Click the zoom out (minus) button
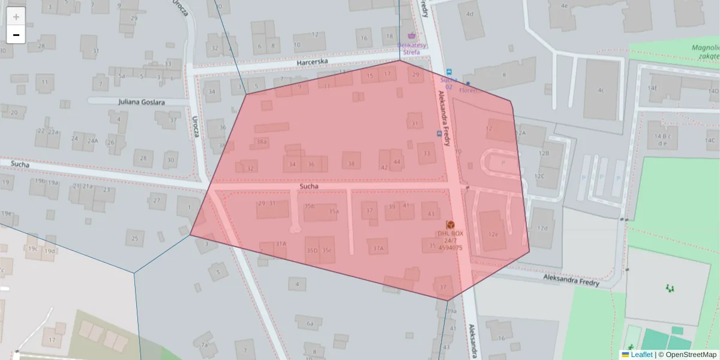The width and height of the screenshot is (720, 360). point(16,35)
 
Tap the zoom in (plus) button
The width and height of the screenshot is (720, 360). point(16,16)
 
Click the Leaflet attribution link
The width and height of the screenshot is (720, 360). point(641,355)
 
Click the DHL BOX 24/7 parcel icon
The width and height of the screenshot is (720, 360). point(450,224)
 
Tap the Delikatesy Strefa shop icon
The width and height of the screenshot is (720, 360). point(411,36)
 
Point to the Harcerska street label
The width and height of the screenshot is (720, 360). point(316,62)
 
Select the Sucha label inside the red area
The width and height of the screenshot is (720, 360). point(309,187)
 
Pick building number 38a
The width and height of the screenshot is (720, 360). point(262,142)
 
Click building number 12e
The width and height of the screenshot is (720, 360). point(493,234)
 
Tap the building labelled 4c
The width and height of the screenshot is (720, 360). point(600,91)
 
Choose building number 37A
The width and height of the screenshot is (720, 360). point(378,248)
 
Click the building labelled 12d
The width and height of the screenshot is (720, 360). point(542,228)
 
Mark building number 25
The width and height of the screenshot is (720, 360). point(134,239)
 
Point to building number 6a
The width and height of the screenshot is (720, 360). point(310,323)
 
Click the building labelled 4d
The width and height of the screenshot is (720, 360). point(470,14)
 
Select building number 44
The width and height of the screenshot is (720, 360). point(397,161)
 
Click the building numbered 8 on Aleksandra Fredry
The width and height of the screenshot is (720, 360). point(504,75)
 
